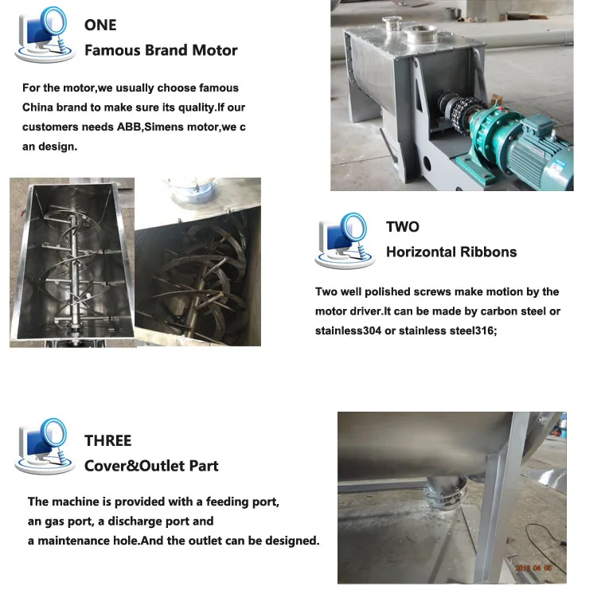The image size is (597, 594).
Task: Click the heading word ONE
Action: [100, 25]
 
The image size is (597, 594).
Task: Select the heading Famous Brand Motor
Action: [161, 50]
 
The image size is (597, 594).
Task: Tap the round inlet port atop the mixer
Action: [419, 35]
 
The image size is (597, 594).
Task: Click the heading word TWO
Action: [402, 227]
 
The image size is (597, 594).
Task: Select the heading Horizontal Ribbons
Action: [451, 252]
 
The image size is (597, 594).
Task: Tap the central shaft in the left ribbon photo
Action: [71, 263]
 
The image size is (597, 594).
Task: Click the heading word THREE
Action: [107, 441]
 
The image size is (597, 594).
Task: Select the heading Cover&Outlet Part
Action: [151, 466]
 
